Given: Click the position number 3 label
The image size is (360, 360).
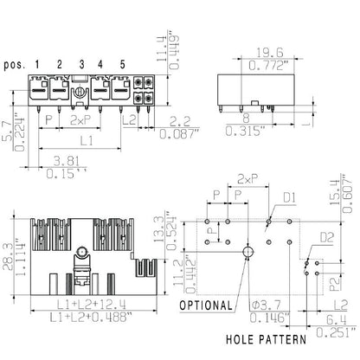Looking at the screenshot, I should (x=81, y=64).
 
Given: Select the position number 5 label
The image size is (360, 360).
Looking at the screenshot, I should (x=122, y=64).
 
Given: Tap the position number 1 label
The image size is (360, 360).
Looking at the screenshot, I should (x=38, y=64).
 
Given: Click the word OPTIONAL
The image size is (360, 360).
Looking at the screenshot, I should (x=206, y=305).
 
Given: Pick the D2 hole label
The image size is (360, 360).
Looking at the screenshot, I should (x=327, y=235).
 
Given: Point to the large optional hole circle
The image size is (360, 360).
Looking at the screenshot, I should (x=248, y=252).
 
